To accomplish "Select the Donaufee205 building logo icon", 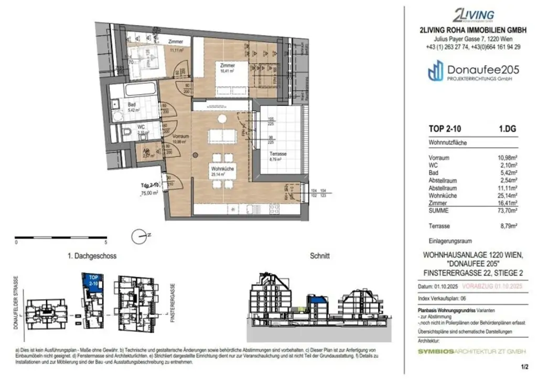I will pos(435,71).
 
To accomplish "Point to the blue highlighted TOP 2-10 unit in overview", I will pos(93,282).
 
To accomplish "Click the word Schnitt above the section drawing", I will pos(320,256).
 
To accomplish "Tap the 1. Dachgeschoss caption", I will pos(92,256).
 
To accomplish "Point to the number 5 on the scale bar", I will pos(106,243).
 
